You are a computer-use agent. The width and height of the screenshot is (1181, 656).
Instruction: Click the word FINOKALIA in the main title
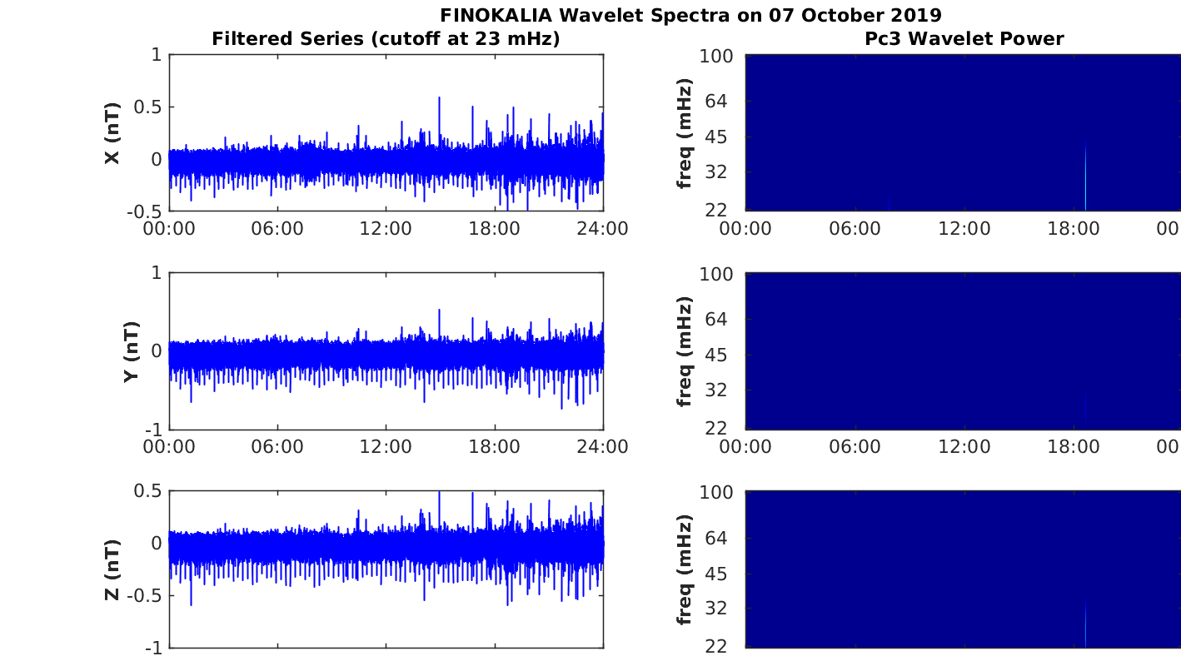pos(496,15)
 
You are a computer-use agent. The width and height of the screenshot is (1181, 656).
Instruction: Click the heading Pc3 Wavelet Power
pos(964,38)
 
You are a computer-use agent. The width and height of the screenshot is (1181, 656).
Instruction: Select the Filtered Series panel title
pos(386,38)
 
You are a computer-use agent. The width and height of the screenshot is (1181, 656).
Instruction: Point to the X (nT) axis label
pos(112,132)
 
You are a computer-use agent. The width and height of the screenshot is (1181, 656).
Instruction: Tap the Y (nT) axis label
pos(132,351)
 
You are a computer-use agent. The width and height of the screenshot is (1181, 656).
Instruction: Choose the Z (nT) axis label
pos(112,569)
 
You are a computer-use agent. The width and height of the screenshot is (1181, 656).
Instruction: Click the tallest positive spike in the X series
pos(439,98)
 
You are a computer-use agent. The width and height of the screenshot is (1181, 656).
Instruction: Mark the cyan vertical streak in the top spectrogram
pos(1085,176)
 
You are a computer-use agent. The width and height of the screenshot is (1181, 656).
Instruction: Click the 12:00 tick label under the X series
pos(386,229)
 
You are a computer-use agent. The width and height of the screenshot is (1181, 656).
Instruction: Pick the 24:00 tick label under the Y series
pos(603,447)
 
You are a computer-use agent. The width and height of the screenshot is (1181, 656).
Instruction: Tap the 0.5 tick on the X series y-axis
pos(147,107)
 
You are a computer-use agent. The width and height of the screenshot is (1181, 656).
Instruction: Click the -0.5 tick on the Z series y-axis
pos(144,595)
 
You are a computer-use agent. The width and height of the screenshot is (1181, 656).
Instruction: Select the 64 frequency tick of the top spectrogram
pos(716,101)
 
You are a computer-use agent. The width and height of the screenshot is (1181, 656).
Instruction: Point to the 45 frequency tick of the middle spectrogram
pos(716,355)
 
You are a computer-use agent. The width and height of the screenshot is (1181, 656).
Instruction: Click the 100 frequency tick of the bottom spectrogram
pos(716,492)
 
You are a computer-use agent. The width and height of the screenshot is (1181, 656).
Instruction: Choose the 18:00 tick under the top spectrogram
pos(1074,229)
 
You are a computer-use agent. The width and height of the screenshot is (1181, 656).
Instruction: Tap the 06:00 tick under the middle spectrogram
pos(855,447)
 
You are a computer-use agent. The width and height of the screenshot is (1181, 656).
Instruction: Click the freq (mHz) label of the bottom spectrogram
pos(684,569)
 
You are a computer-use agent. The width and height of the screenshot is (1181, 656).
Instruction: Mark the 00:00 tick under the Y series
pos(169,447)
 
